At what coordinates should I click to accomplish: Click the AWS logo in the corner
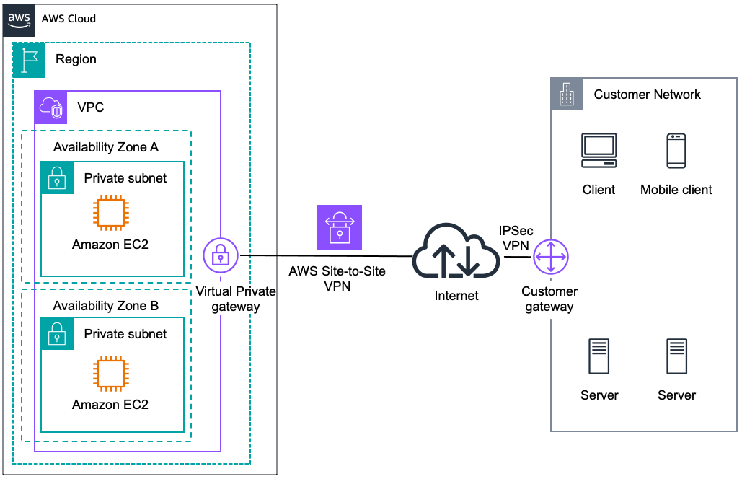pos(20,18)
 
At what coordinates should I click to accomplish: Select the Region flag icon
pos(30,59)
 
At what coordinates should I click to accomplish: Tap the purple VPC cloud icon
pos(50,107)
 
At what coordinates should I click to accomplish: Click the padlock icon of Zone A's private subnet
pos(57,177)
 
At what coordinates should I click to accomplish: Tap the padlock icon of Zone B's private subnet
pos(57,334)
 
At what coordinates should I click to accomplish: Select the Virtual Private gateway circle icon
pos(220,255)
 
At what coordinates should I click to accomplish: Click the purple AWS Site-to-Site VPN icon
pos(339,227)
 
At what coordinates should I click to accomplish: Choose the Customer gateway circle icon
pos(551,258)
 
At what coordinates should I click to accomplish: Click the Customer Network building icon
pos(567,95)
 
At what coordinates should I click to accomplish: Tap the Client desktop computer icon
pos(599,150)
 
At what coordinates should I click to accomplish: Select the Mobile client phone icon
pos(676,151)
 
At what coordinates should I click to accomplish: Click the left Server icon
pos(599,356)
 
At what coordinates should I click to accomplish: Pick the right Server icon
pos(676,356)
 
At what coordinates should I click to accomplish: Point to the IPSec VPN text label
pos(516,238)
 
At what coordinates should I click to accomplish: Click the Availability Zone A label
pos(106,147)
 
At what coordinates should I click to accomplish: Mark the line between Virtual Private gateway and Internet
pos(324,255)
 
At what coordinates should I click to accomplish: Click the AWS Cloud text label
pos(69,19)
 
